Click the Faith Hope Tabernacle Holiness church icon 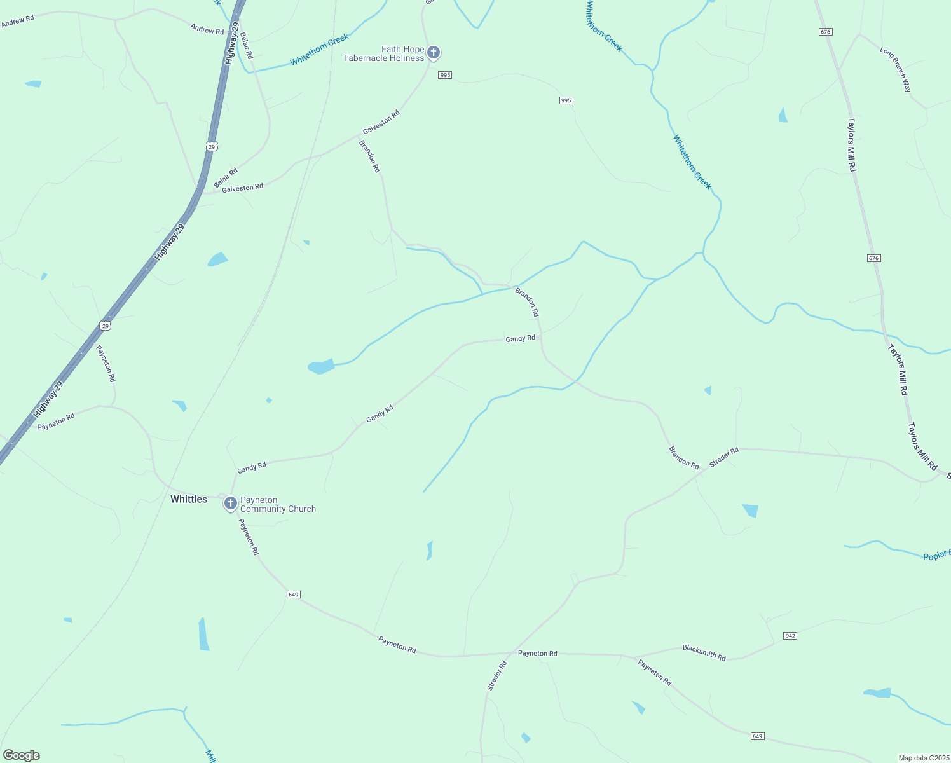[x=434, y=52]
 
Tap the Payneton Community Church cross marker [x=231, y=504]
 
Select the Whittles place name [x=189, y=499]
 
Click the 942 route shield [x=790, y=636]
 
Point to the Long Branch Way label [x=896, y=69]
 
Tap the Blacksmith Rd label [x=704, y=652]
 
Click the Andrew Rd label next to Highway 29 [x=207, y=29]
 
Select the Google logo [x=22, y=755]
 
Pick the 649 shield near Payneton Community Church [x=293, y=595]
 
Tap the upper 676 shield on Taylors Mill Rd [x=826, y=32]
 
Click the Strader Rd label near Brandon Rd [x=724, y=457]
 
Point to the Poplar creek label [x=936, y=555]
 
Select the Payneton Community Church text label [x=278, y=505]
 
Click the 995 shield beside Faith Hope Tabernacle [x=445, y=75]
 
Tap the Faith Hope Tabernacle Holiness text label [x=384, y=53]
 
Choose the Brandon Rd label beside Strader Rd [x=684, y=457]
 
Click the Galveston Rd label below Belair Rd [x=242, y=188]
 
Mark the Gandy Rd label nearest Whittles [x=252, y=467]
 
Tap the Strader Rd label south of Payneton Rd [x=496, y=676]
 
